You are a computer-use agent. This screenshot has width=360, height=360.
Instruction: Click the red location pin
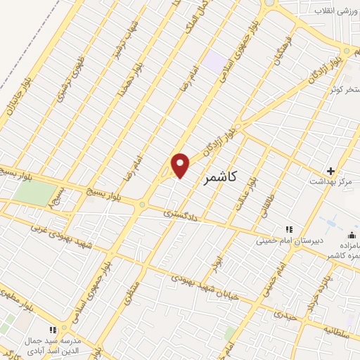pyautogui.click(x=181, y=165)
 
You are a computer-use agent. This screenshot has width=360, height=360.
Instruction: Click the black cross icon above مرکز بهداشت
pyautogui.click(x=331, y=170)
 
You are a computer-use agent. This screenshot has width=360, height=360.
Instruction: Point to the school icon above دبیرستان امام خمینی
pyautogui.click(x=288, y=229)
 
